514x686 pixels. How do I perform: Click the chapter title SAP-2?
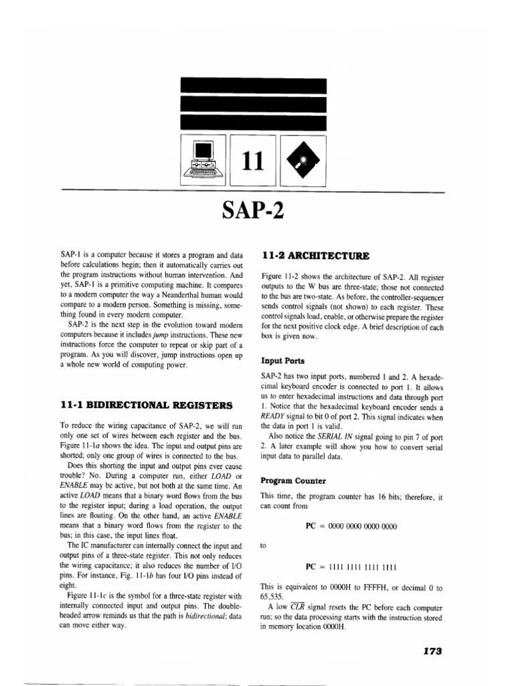click(253, 212)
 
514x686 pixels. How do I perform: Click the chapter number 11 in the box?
click(252, 160)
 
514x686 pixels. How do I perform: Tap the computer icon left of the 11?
click(203, 161)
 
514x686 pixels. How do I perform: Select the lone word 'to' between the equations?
click(264, 546)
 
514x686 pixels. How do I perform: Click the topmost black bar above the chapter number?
click(254, 86)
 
